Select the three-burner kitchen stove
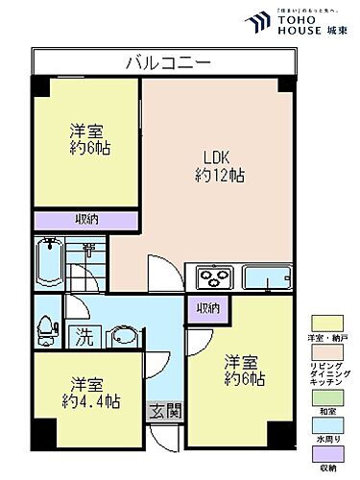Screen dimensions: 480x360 214,277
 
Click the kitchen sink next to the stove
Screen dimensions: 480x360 267,277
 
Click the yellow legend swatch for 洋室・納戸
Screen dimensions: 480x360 324,324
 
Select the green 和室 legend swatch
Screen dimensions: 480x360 324,397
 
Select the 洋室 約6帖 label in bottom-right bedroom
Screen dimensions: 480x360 244,370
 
